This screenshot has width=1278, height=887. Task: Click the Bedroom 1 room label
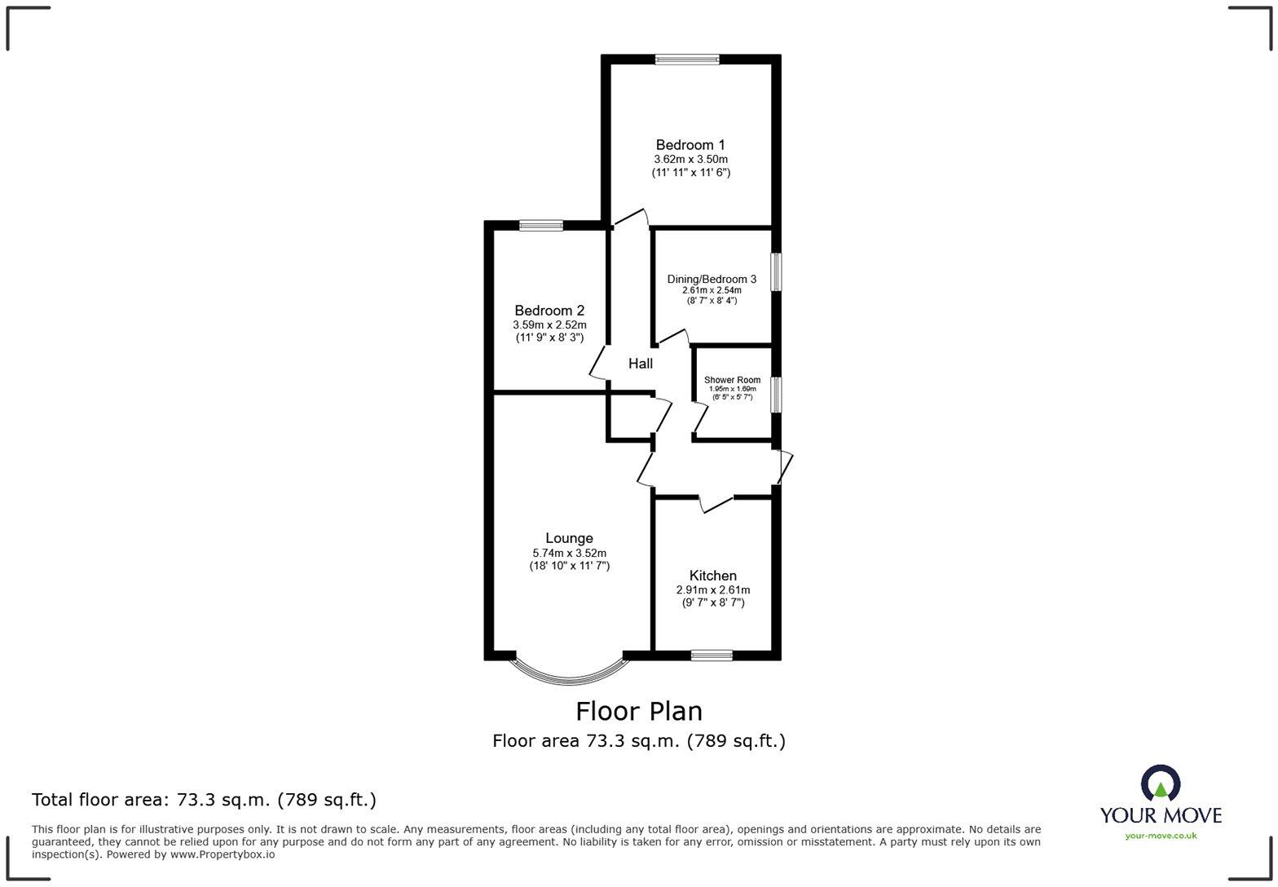pyautogui.click(x=690, y=145)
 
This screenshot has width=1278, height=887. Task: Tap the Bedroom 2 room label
pyautogui.click(x=549, y=311)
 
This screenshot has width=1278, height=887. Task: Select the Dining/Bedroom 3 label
pyautogui.click(x=712, y=279)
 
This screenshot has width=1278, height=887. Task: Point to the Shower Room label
pyautogui.click(x=732, y=380)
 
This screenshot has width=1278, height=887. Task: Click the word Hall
pyautogui.click(x=640, y=364)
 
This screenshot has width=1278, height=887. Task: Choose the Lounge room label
pyautogui.click(x=569, y=538)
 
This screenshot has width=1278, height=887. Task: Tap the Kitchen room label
pyautogui.click(x=712, y=576)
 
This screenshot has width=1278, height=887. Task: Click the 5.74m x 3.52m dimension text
pyautogui.click(x=569, y=553)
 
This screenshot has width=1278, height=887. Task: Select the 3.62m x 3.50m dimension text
pyautogui.click(x=690, y=159)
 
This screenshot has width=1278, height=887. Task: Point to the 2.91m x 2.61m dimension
pyautogui.click(x=712, y=589)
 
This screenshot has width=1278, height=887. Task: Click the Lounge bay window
pyautogui.click(x=569, y=673)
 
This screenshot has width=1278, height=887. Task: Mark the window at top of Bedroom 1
pyautogui.click(x=687, y=59)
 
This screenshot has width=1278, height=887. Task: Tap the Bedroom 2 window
pyautogui.click(x=541, y=226)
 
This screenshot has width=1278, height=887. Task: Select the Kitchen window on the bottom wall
pyautogui.click(x=712, y=655)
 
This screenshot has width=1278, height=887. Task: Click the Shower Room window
pyautogui.click(x=777, y=393)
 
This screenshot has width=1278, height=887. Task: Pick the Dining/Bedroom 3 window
pyautogui.click(x=777, y=271)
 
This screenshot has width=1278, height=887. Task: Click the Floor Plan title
pyautogui.click(x=638, y=711)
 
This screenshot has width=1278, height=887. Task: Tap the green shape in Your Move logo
pyautogui.click(x=1160, y=788)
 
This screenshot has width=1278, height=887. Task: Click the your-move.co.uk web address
pyautogui.click(x=1160, y=835)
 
